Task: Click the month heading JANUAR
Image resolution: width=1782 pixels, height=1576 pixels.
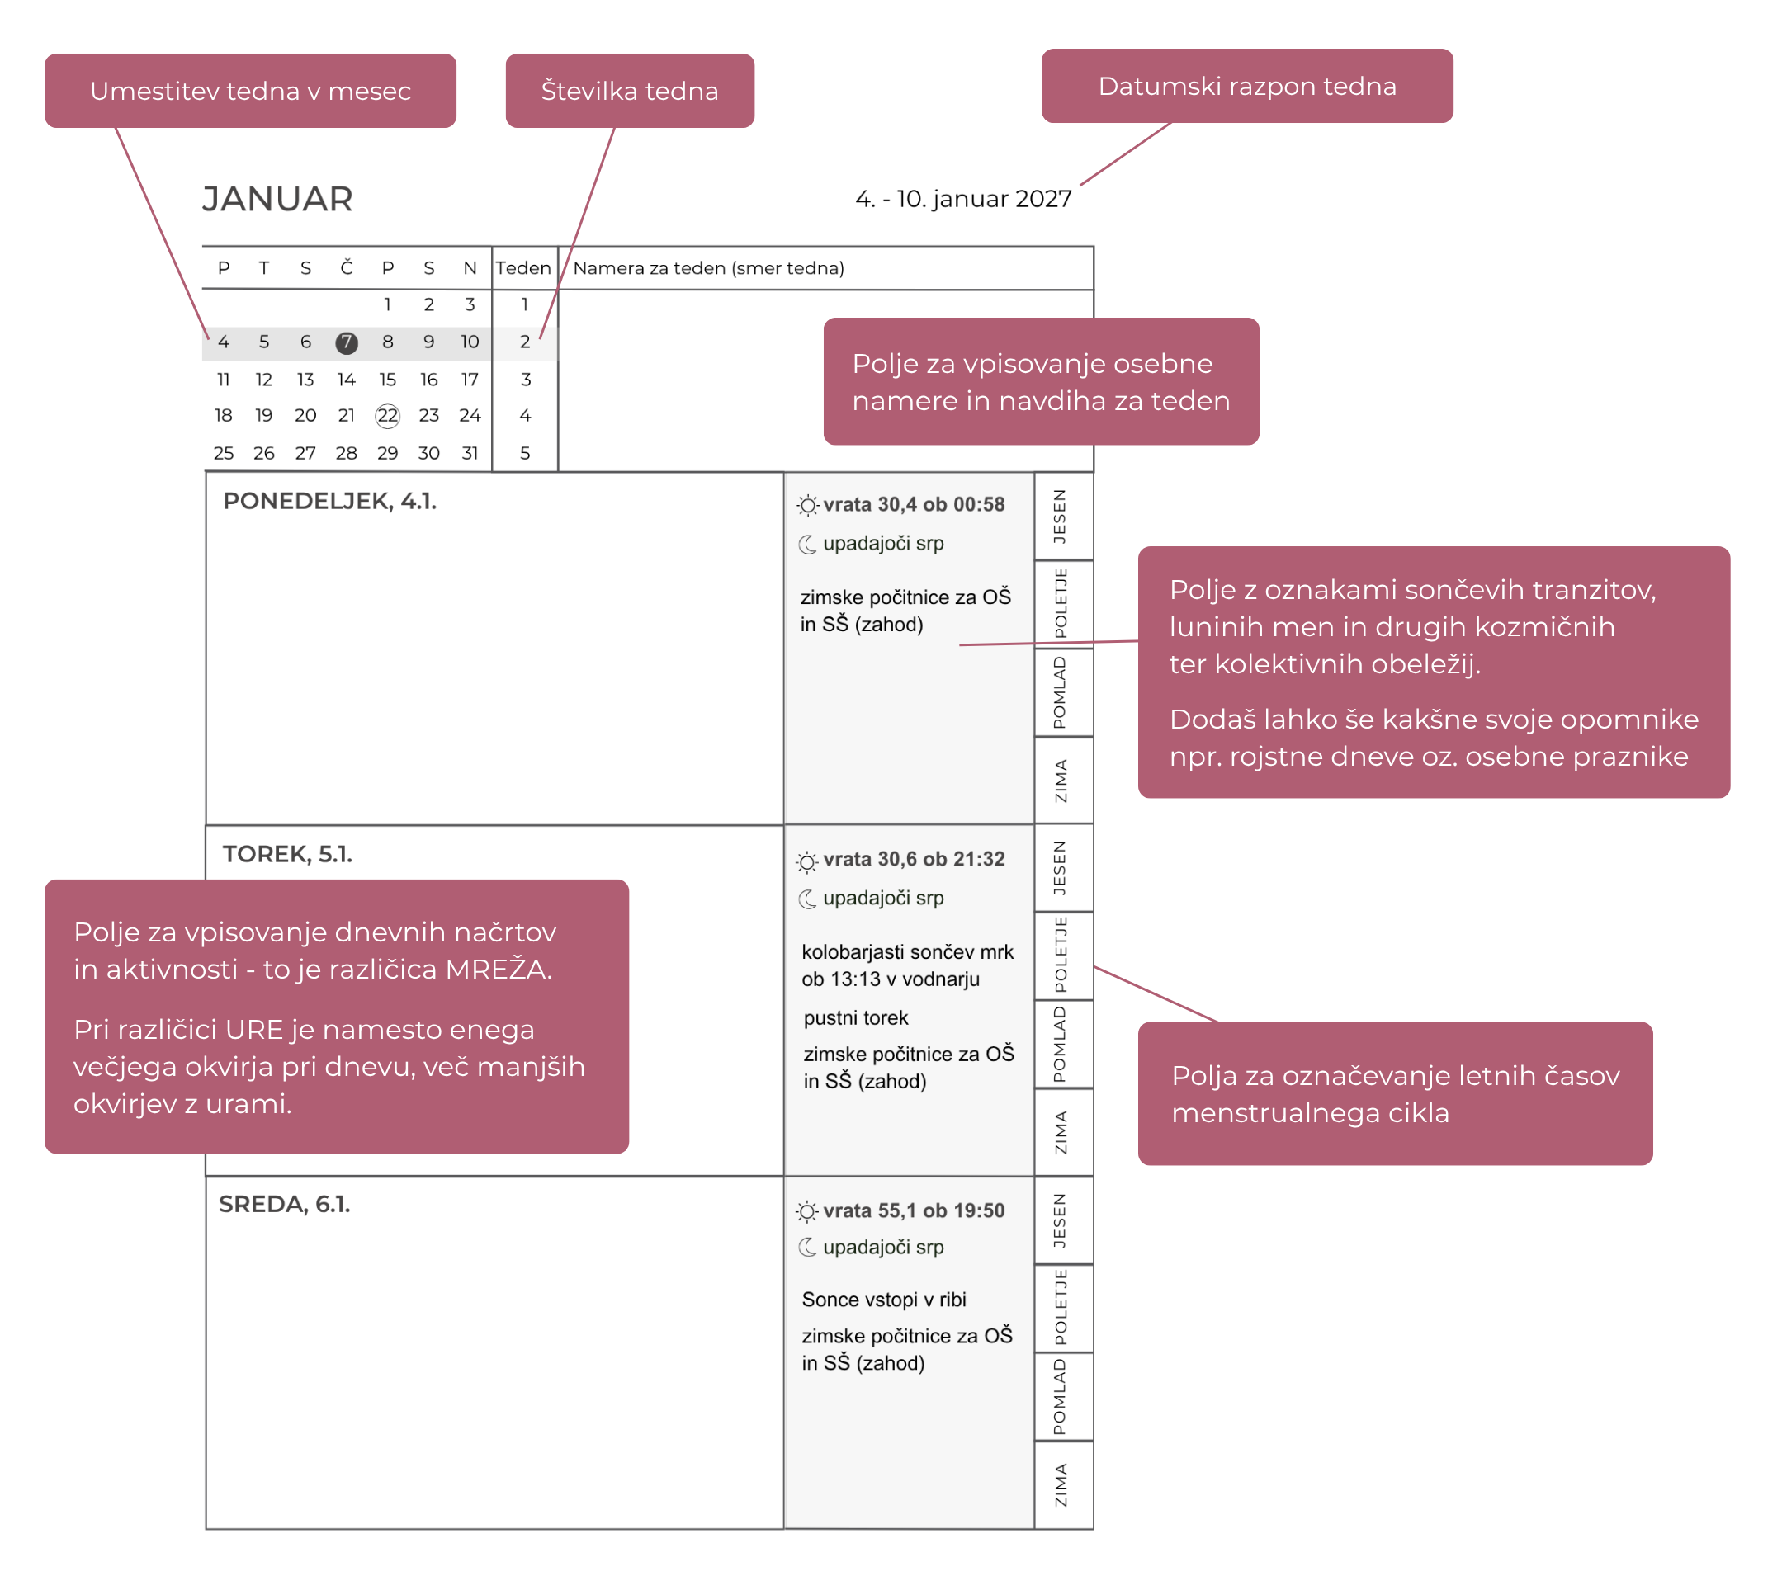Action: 277,199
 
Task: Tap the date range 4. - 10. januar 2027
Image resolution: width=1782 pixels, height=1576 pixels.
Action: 963,199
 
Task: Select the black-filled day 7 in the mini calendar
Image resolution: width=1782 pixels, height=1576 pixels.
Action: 346,342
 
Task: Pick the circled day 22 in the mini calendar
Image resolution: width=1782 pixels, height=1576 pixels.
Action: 387,416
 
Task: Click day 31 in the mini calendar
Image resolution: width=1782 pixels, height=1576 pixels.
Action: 470,453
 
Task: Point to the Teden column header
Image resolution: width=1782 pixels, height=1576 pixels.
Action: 523,267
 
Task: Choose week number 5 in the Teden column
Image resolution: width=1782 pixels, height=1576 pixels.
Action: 525,453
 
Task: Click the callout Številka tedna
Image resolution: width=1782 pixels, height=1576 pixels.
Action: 630,91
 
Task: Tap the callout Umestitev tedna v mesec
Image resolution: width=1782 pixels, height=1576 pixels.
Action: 250,91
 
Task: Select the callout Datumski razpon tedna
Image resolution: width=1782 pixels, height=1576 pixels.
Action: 1246,86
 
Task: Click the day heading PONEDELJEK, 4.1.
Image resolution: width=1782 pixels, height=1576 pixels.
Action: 329,501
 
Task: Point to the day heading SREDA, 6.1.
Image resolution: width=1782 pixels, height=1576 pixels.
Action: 284,1204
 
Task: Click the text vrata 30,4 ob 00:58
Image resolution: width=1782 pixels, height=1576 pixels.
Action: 914,505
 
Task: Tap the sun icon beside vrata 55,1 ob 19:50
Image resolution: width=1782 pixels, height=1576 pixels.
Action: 807,1211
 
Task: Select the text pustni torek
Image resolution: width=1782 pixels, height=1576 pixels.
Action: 855,1018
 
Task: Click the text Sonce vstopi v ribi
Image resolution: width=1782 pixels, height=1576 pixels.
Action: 884,1300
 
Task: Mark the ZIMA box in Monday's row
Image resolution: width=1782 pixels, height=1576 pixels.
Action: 1063,780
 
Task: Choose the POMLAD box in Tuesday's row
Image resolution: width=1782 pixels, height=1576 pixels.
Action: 1063,1045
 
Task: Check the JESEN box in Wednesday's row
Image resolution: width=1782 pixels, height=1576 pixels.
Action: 1063,1220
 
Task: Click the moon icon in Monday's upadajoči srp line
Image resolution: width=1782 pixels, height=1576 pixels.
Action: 808,544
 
